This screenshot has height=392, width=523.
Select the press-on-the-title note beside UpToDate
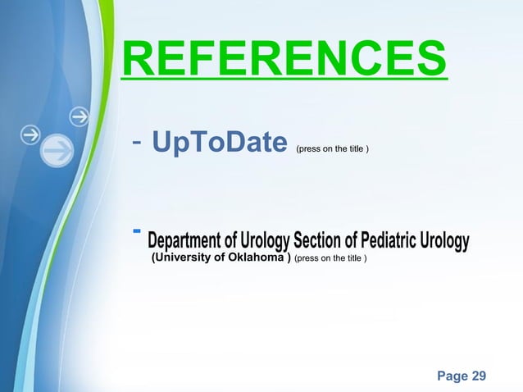tap(332, 150)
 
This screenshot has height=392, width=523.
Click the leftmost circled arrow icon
tap(31, 134)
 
